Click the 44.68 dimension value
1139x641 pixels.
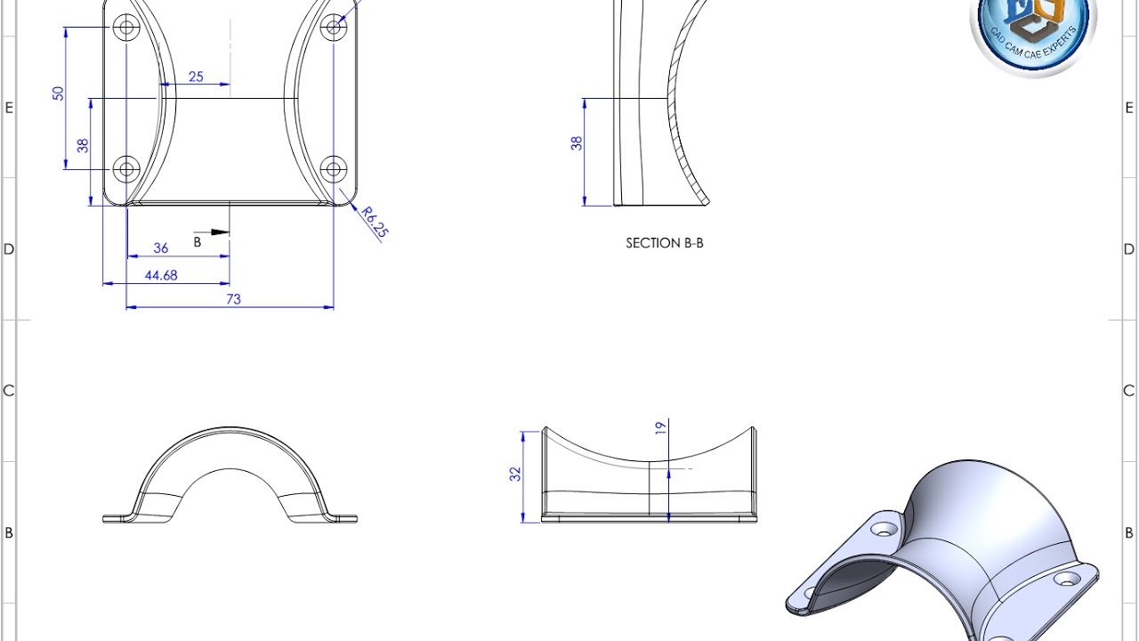click(x=161, y=276)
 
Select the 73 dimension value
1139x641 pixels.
click(x=233, y=300)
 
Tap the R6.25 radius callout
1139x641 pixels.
click(x=375, y=223)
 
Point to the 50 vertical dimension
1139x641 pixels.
click(x=59, y=93)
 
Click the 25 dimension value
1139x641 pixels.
click(x=196, y=77)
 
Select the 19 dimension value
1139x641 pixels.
click(x=660, y=428)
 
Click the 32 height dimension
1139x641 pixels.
click(x=515, y=475)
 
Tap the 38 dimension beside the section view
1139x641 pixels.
click(x=577, y=142)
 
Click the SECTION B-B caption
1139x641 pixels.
click(x=665, y=243)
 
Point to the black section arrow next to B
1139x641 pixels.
click(x=220, y=233)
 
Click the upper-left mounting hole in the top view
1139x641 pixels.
click(x=127, y=28)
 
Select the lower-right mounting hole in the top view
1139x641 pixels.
click(x=334, y=167)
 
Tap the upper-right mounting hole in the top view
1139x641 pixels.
click(x=334, y=27)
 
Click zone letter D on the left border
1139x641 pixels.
click(x=9, y=249)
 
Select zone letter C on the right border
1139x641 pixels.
click(x=1129, y=391)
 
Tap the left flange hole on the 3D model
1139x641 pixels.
click(x=885, y=529)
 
